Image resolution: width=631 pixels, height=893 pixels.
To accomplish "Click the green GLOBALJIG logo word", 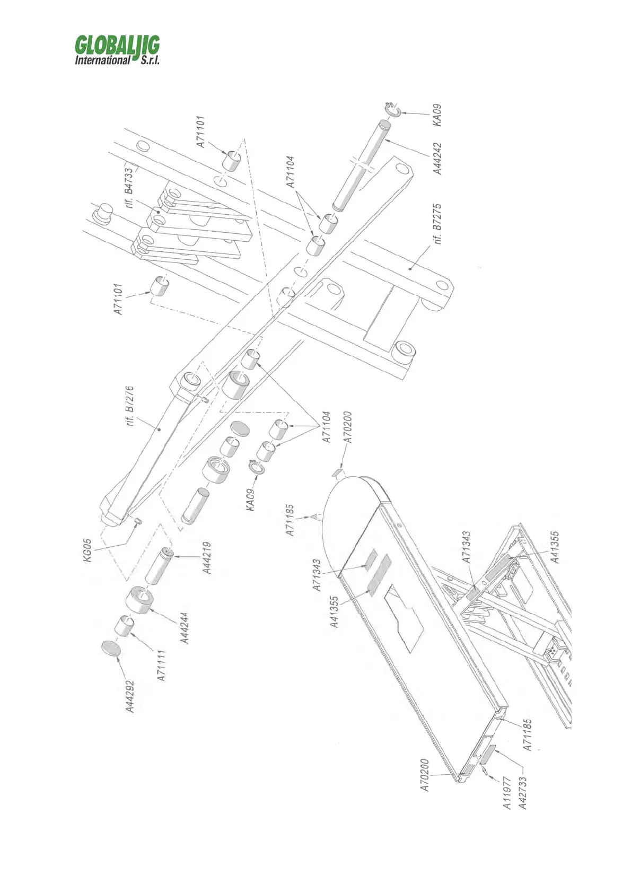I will pos(117,45).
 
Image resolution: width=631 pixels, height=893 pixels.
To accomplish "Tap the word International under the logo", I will pos(102,60).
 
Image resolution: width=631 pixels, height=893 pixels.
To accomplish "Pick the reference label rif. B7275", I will pos(437,224).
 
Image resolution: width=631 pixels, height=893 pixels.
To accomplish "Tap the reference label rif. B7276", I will pos(130,407).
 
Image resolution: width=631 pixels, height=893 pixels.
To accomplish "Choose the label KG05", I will pos(89,551).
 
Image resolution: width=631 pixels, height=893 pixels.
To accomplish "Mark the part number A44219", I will pos(207,558).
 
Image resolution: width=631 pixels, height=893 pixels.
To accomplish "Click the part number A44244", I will pos(185,627).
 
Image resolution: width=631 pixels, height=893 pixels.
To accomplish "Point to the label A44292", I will pos(130,697).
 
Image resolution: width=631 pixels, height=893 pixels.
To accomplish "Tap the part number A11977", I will pos(507,793).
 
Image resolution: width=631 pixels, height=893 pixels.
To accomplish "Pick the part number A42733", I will pos(523,793).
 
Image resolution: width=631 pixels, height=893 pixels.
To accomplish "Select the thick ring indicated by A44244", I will pos(139,600).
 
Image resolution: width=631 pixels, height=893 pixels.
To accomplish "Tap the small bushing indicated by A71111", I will pos(125,625).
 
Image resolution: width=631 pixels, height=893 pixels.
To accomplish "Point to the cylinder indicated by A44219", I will pos(157,566).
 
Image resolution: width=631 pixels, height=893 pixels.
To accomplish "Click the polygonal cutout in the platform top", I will pos(405,617).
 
